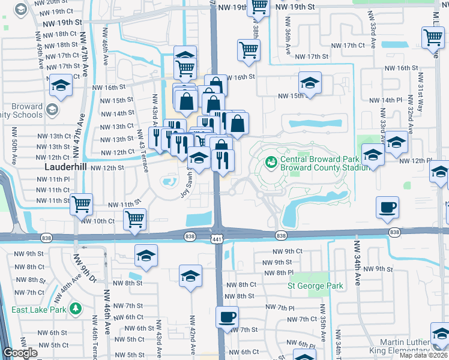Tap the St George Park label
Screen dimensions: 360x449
pyautogui.click(x=315, y=286)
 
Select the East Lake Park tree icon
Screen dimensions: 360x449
pyautogui.click(x=75, y=309)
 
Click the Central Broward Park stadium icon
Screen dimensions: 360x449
pyautogui.click(x=270, y=161)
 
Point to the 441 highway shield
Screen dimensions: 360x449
pyautogui.click(x=215, y=239)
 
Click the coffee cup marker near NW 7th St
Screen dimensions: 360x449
pyautogui.click(x=228, y=316)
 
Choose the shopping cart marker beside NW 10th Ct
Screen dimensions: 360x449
pyautogui.click(x=135, y=219)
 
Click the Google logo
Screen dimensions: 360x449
pyautogui.click(x=20, y=353)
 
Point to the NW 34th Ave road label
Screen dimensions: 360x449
pyautogui.click(x=357, y=263)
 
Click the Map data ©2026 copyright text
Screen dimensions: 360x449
pyautogui.click(x=424, y=355)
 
